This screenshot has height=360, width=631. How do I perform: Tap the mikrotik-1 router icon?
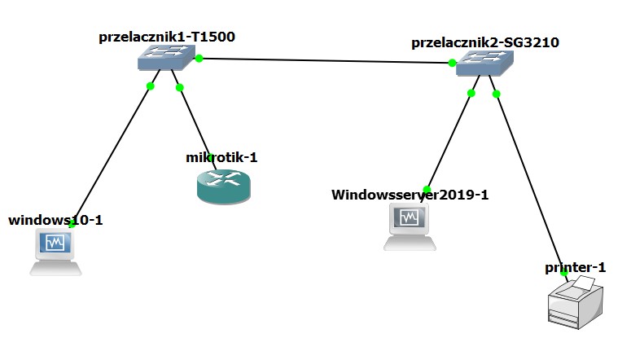tap(224, 187)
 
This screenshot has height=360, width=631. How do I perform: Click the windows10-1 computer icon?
tap(55, 251)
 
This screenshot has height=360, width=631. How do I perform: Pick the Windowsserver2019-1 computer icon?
tap(410, 226)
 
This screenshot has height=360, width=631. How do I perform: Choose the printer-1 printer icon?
tap(576, 304)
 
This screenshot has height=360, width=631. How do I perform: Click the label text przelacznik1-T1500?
tap(168, 37)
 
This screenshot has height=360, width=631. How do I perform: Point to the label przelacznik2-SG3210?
tap(484, 42)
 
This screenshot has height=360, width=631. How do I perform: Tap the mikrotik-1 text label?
tap(221, 157)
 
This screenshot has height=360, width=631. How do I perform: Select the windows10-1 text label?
tap(55, 220)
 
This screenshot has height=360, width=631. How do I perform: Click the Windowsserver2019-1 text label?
tap(410, 195)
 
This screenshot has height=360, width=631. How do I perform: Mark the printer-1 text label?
tap(576, 267)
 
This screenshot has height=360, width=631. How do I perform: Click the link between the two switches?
tap(326, 61)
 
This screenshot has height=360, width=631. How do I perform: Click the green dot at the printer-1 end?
tap(563, 273)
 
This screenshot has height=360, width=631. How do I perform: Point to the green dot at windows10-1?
tap(72, 223)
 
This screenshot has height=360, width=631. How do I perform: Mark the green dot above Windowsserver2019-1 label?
tap(427, 189)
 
